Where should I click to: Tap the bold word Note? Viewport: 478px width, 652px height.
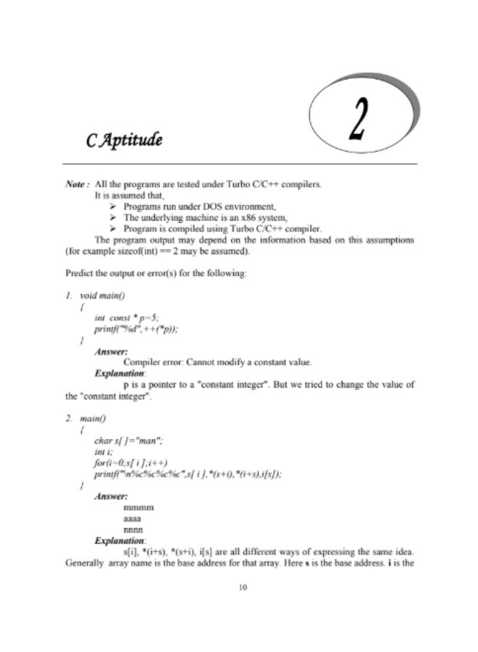(76, 185)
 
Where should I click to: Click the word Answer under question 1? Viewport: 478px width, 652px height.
(111, 351)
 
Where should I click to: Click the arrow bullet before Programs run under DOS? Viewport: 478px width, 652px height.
(112, 206)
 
